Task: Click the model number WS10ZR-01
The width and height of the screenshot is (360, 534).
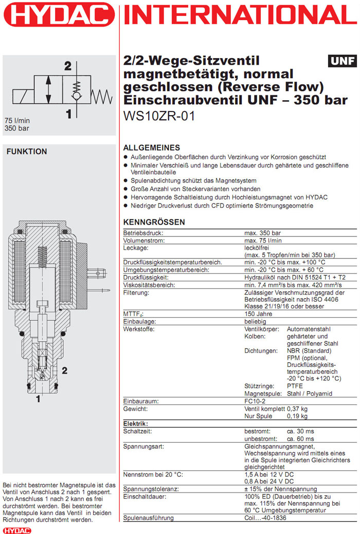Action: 159,116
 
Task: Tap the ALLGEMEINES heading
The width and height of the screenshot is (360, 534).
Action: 152,148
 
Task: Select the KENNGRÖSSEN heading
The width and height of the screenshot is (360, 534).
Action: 154,223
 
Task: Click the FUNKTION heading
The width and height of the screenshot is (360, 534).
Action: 26,152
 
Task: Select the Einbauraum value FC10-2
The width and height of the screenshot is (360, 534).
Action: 256,401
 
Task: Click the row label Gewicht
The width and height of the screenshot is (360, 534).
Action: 136,409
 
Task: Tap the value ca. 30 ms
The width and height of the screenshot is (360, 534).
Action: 301,431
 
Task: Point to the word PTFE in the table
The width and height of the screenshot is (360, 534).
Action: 295,386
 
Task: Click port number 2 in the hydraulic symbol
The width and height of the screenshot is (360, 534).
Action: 67,66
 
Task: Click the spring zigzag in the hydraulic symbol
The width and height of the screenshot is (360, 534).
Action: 101,95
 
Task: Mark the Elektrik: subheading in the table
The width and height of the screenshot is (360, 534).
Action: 136,423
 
